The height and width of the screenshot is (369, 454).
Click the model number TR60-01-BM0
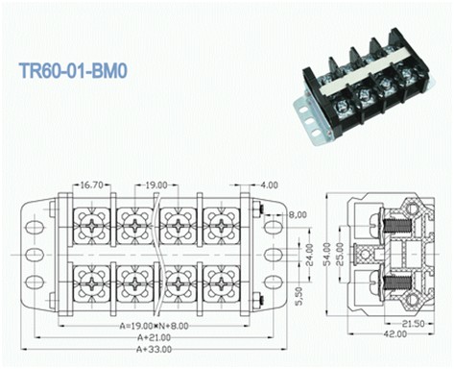pyautogui.click(x=78, y=71)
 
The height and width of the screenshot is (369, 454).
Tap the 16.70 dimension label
pyautogui.click(x=92, y=184)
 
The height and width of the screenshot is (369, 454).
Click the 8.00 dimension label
pyautogui.click(x=296, y=215)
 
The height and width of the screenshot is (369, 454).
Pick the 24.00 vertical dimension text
pyautogui.click(x=308, y=254)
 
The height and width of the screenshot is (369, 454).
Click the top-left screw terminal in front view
pyautogui.click(x=92, y=226)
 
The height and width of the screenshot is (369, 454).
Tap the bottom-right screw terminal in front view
pyautogui.click(x=222, y=284)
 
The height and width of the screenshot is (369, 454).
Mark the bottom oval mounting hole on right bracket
pyautogui.click(x=274, y=283)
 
